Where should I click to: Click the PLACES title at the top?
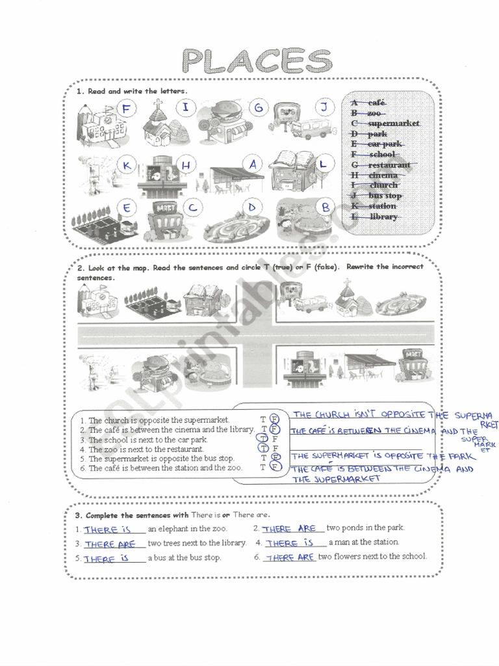(x=257, y=62)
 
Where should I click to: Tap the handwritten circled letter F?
(x=126, y=109)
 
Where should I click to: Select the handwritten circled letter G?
(x=259, y=107)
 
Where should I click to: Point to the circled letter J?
(x=325, y=107)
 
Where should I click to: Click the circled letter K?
(x=127, y=166)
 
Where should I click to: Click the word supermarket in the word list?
(x=393, y=123)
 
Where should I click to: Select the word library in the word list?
(x=383, y=217)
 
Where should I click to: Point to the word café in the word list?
(x=377, y=102)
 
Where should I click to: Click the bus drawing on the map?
(x=310, y=304)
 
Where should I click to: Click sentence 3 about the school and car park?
(x=147, y=440)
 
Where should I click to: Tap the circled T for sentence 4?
(x=264, y=448)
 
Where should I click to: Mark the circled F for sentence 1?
(x=274, y=419)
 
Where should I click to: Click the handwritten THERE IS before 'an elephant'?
(x=108, y=529)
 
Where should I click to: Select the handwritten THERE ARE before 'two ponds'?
(x=289, y=529)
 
